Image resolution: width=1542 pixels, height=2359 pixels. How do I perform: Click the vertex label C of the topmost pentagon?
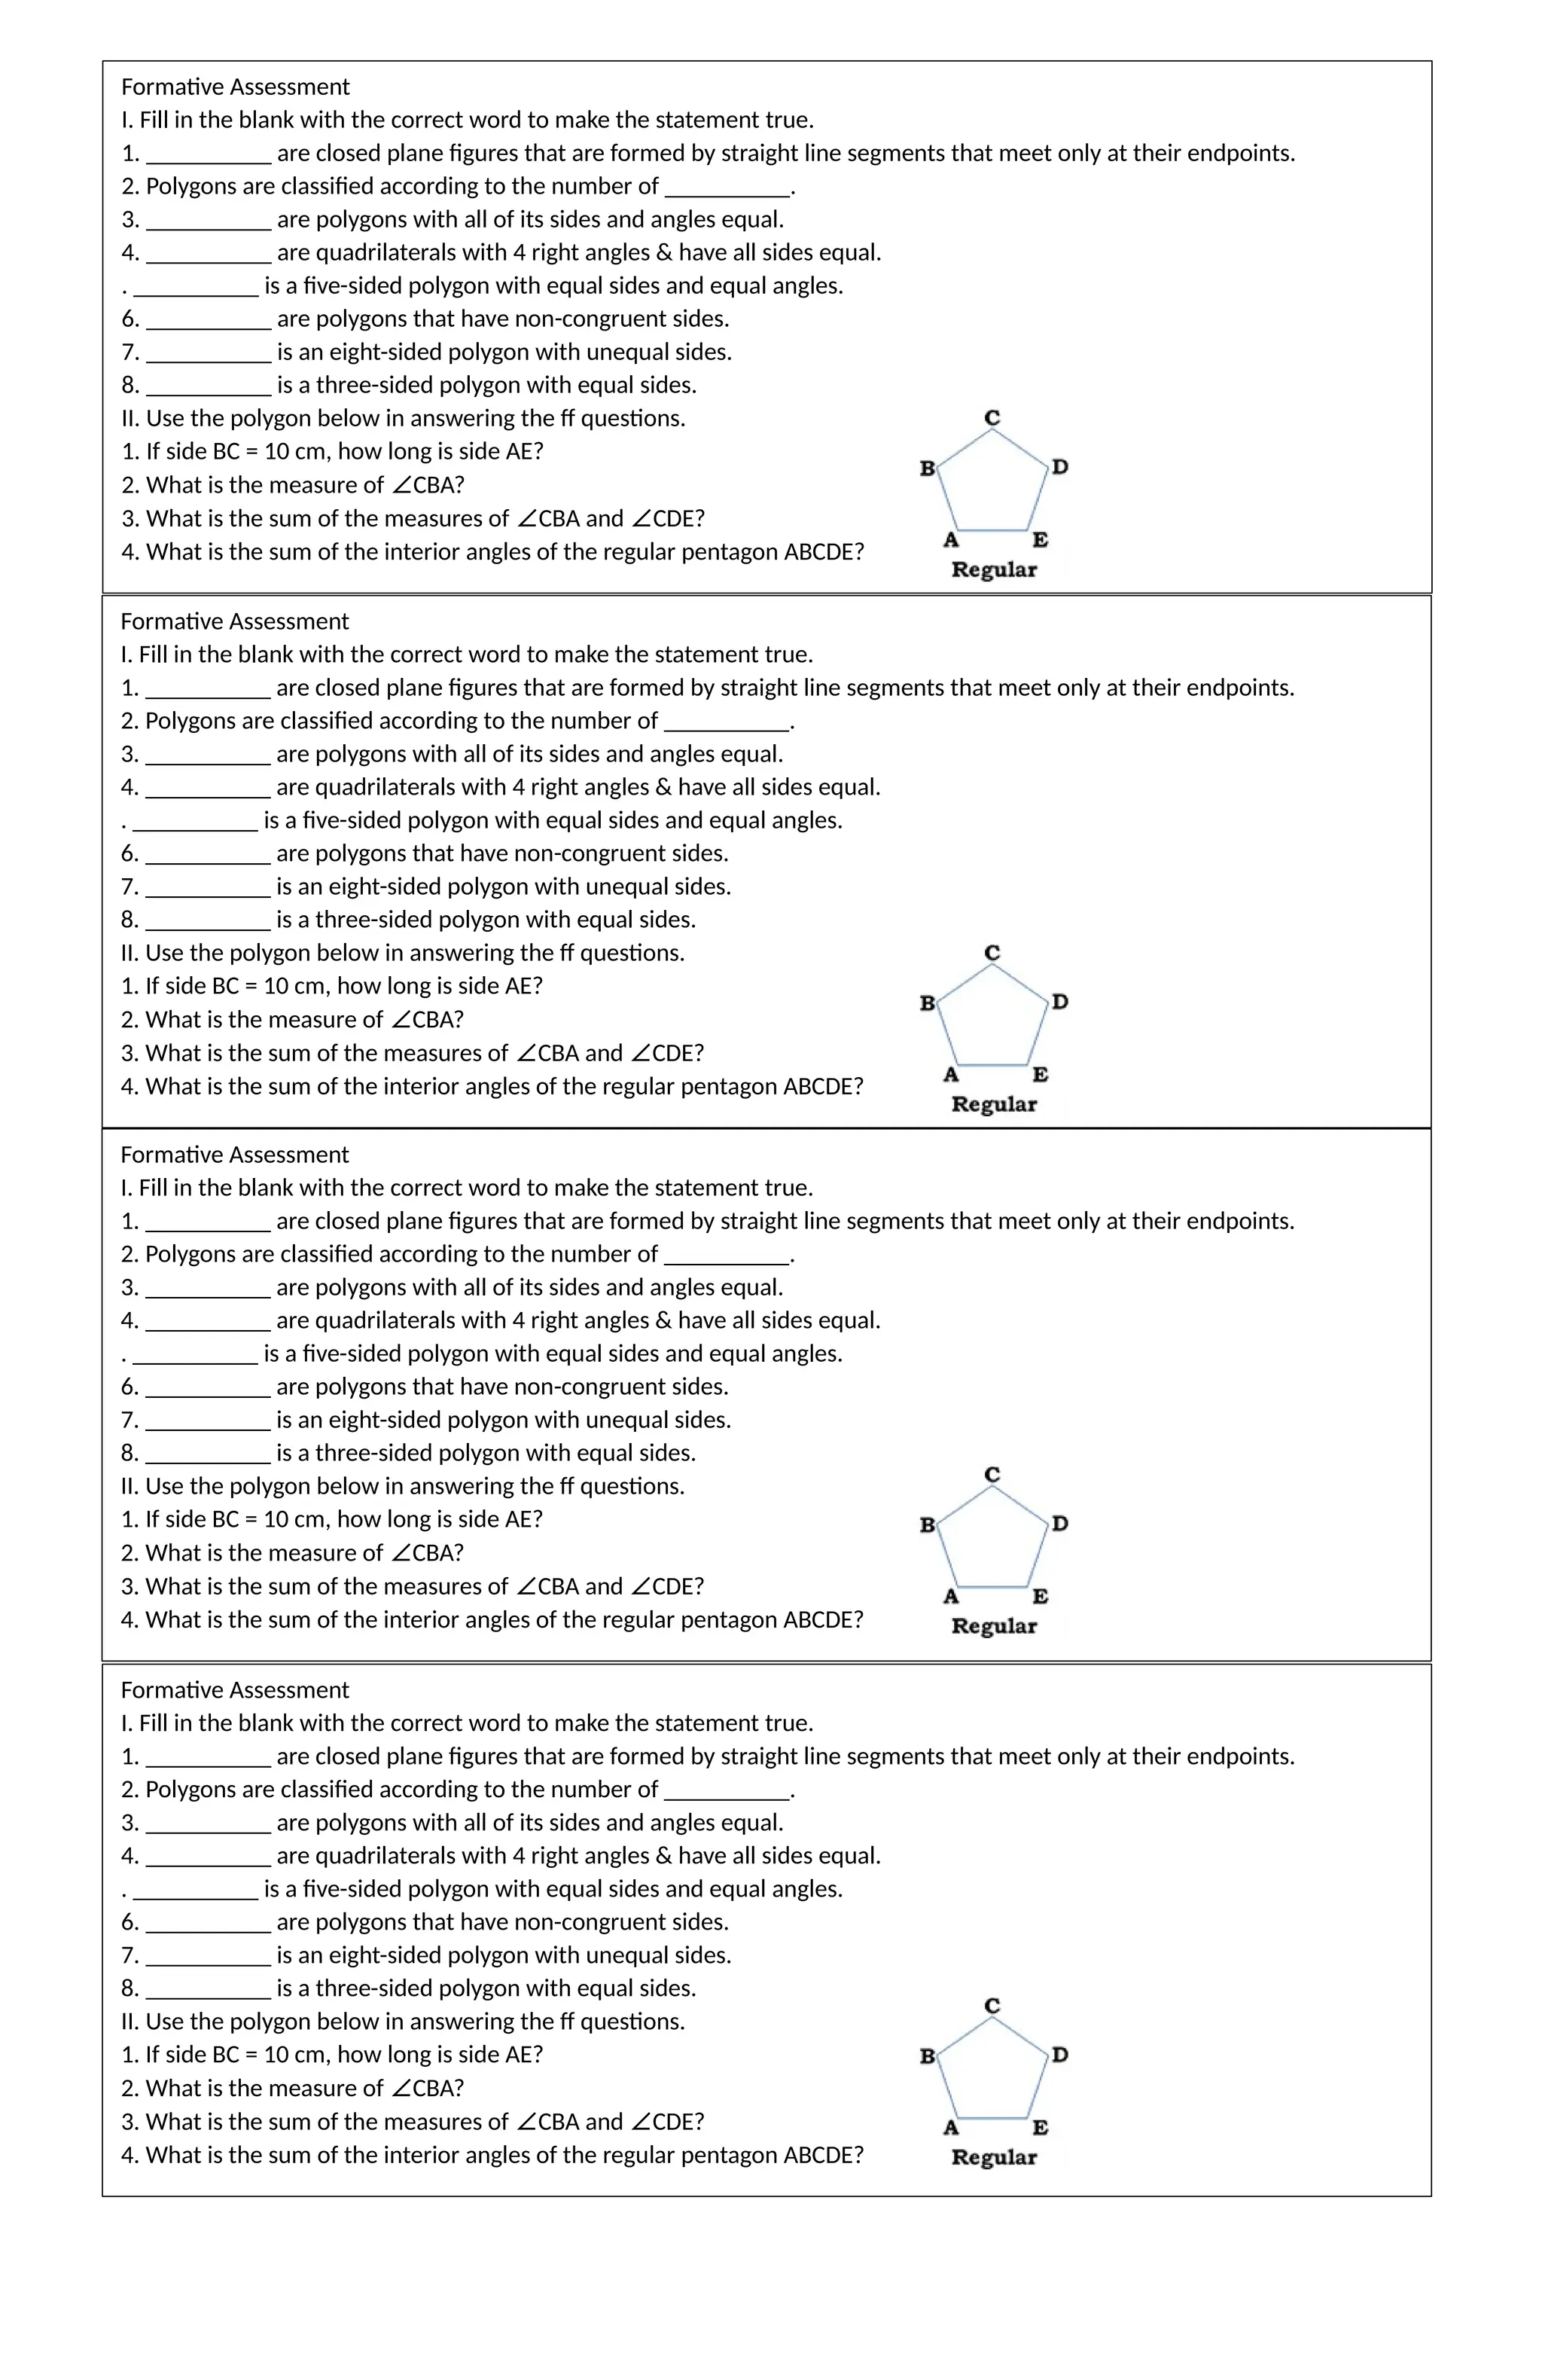[x=992, y=418]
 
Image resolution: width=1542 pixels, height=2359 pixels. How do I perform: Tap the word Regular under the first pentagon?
[x=993, y=570]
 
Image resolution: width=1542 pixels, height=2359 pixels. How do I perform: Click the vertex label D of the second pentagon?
[x=1059, y=1002]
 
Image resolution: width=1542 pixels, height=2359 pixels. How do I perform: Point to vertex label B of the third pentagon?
[x=927, y=1524]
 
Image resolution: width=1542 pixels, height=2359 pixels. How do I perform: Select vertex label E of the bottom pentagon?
[x=1040, y=2127]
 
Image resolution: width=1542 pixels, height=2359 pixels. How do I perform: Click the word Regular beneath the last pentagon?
[x=993, y=2157]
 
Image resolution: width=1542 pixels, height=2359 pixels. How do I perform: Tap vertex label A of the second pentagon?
[x=950, y=1075]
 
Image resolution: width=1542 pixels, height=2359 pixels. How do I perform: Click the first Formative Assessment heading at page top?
[x=235, y=87]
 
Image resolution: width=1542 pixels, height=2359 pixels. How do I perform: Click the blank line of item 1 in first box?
[x=208, y=154]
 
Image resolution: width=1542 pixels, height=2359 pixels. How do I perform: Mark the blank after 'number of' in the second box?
[x=727, y=722]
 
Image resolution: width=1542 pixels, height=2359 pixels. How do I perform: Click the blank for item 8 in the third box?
[x=207, y=1454]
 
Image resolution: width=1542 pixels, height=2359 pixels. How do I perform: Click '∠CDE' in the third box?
[x=667, y=1586]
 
